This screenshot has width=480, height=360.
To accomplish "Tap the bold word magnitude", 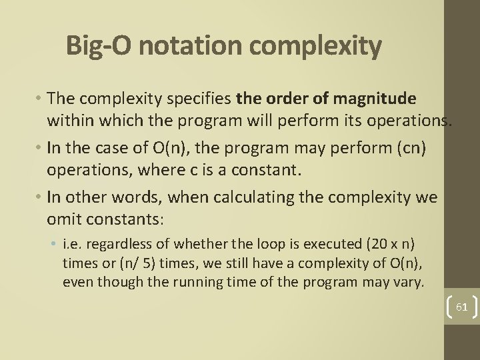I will pos(377,99).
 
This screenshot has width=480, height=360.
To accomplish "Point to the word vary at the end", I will pos(410,281).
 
